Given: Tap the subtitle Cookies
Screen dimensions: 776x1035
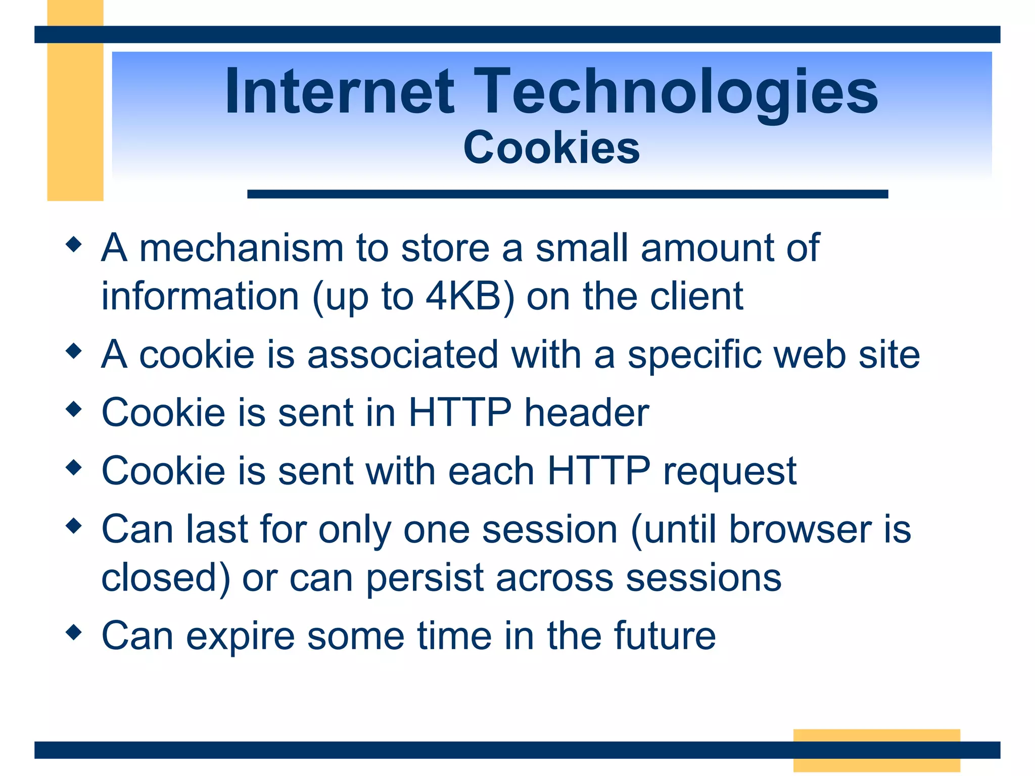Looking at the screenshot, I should (x=551, y=148).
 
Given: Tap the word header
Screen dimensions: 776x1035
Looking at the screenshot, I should (x=586, y=413).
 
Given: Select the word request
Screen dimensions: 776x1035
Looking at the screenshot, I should (x=730, y=471).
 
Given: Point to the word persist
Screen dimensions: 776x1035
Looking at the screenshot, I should (x=425, y=577).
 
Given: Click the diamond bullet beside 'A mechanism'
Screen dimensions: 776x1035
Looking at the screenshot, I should (x=74, y=245).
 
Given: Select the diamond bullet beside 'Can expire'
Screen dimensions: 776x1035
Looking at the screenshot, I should (x=74, y=632).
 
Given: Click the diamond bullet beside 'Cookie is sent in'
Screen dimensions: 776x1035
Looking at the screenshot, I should (x=74, y=409).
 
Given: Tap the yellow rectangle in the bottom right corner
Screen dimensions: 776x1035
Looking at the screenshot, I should (x=876, y=750).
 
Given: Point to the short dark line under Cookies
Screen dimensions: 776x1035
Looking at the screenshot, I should (x=567, y=194).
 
